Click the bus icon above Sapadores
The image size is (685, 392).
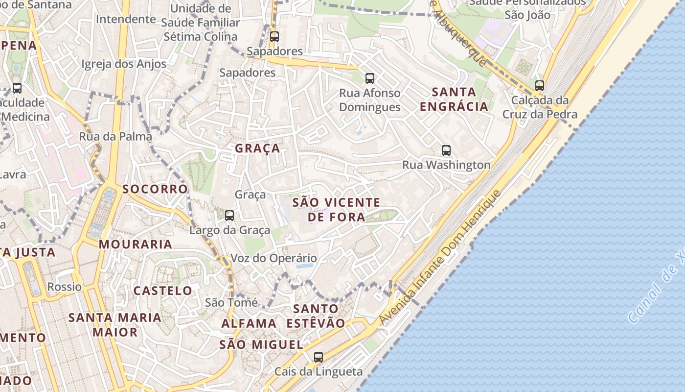pos(274,36)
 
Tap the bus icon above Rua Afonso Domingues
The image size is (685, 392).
pos(370,78)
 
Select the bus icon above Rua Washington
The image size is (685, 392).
pos(446,150)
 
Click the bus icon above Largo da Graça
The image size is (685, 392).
pos(229,215)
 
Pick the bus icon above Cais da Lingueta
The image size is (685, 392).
pos(319,357)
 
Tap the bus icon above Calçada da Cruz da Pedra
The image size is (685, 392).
pos(540,85)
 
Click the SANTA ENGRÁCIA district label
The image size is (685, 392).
pos(454,99)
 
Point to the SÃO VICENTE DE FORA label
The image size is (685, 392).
pos(336,209)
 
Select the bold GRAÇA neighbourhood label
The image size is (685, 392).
pos(257,148)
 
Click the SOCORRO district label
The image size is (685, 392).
pos(155,189)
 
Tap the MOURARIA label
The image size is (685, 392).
pos(136,244)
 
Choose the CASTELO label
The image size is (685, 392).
pos(163,291)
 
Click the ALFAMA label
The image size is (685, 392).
pos(249,323)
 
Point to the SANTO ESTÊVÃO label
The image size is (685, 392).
pos(316,316)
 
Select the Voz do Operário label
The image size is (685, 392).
pos(274,258)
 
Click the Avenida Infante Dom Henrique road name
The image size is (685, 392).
pos(439,257)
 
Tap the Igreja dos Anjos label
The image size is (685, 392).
pos(124,64)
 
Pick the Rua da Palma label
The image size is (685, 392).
pos(115,137)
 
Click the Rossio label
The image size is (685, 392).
pos(65,287)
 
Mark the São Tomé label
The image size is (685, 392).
pos(231,302)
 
